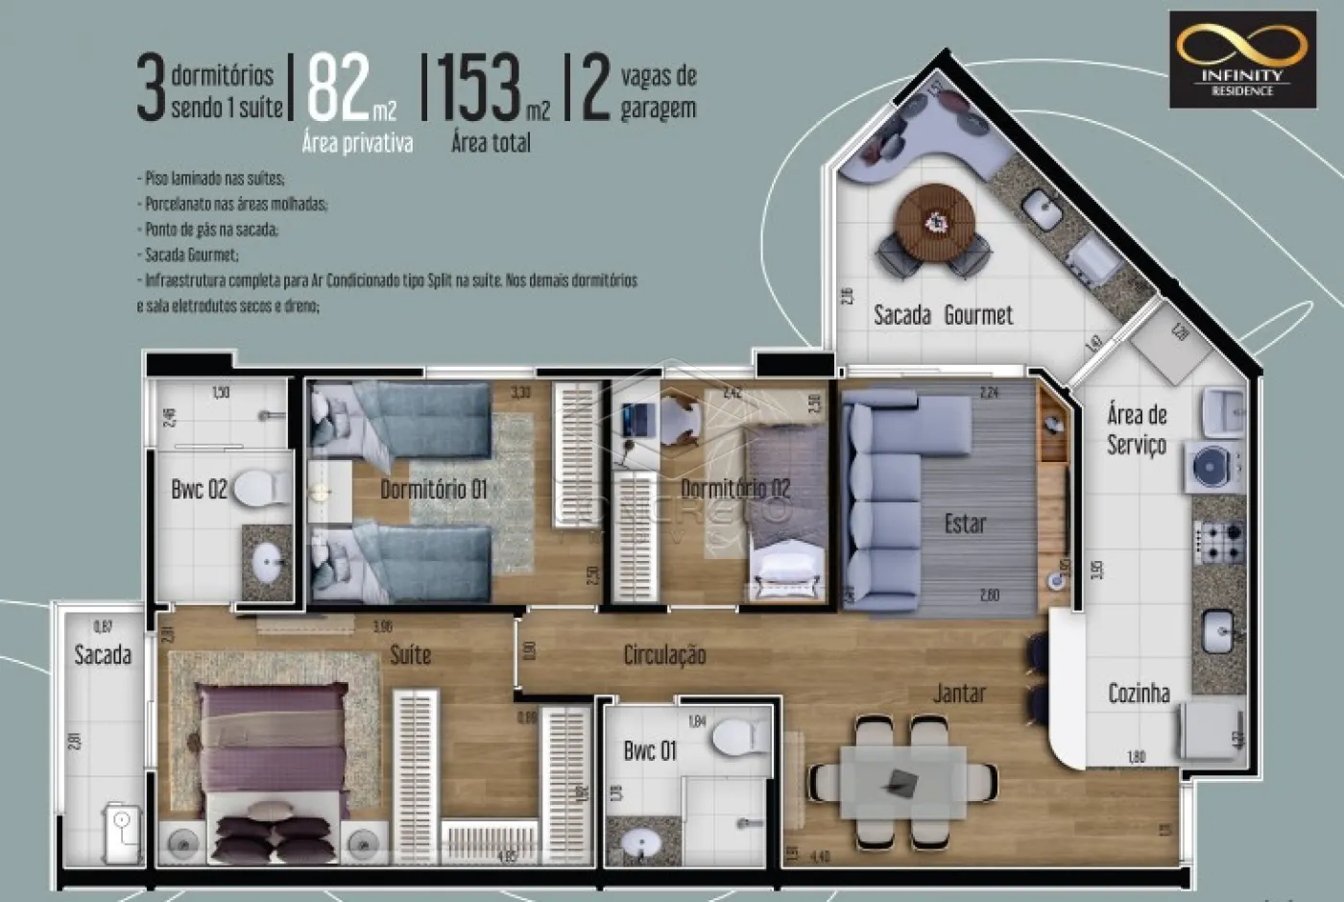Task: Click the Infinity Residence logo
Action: (1242, 60)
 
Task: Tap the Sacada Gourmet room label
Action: (943, 315)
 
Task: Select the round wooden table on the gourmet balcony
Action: (934, 223)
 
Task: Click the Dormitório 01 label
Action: (433, 490)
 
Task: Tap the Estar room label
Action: (965, 524)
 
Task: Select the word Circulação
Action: (664, 655)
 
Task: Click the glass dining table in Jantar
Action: (902, 783)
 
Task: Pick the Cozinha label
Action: (1139, 693)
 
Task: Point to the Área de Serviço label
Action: (1137, 429)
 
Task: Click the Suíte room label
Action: (410, 655)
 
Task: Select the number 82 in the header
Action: (339, 88)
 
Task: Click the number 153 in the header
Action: (479, 88)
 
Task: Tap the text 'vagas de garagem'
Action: (659, 91)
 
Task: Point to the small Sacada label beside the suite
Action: (103, 655)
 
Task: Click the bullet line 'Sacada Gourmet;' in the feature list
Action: (189, 256)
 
